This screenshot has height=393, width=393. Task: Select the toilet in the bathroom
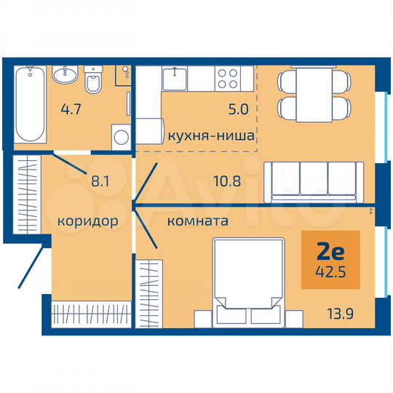pyautogui.click(x=94, y=84)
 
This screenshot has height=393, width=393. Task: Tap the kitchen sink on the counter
pyautogui.click(x=175, y=74)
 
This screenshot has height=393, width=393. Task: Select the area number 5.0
pyautogui.click(x=238, y=111)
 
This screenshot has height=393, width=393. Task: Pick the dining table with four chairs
pyautogui.click(x=314, y=94)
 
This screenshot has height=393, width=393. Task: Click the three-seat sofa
pyautogui.click(x=315, y=180)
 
